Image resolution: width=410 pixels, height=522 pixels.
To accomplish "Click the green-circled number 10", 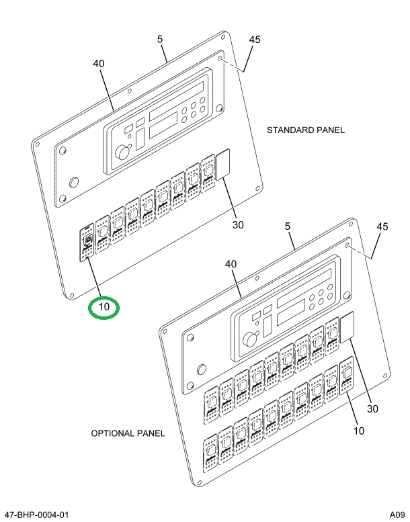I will point(104,308).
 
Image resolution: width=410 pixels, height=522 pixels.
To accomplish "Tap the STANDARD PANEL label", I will point(305,130).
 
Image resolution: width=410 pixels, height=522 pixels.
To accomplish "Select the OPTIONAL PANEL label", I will point(128,433).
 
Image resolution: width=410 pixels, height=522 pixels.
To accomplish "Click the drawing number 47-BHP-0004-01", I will point(37,515).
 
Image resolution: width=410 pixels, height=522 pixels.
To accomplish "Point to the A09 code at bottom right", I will point(396,515).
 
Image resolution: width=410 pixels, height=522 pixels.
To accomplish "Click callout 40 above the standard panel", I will point(99,64).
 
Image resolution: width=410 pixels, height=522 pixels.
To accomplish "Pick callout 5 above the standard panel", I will point(161,40).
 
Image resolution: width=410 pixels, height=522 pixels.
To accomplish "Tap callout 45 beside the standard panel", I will point(254,40).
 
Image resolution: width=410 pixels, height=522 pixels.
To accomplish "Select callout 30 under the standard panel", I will point(238,225).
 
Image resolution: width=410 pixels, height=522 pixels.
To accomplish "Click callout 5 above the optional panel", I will point(288,227).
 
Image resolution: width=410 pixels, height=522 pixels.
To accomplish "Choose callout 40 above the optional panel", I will point(230,265).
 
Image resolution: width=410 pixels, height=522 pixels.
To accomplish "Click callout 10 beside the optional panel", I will point(360,431).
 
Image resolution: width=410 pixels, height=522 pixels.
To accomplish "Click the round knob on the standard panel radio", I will point(122,153).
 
